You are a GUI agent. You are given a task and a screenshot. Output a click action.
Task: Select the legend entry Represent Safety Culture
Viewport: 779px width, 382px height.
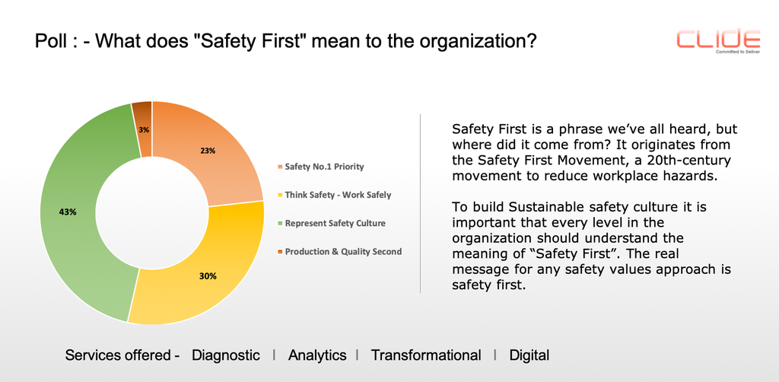point(335,223)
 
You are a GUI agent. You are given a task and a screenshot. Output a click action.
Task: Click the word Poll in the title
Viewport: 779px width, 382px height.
point(50,42)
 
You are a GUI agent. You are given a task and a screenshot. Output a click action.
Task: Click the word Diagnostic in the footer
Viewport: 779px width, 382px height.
point(226,355)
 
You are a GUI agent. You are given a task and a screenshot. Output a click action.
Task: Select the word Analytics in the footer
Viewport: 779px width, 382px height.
point(317,355)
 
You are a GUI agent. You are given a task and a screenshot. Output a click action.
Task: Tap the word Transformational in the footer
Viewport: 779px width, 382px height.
point(426,355)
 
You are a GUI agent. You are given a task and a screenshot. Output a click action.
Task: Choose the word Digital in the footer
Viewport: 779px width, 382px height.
point(529,355)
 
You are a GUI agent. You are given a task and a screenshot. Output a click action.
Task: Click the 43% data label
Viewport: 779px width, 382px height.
point(68,212)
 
